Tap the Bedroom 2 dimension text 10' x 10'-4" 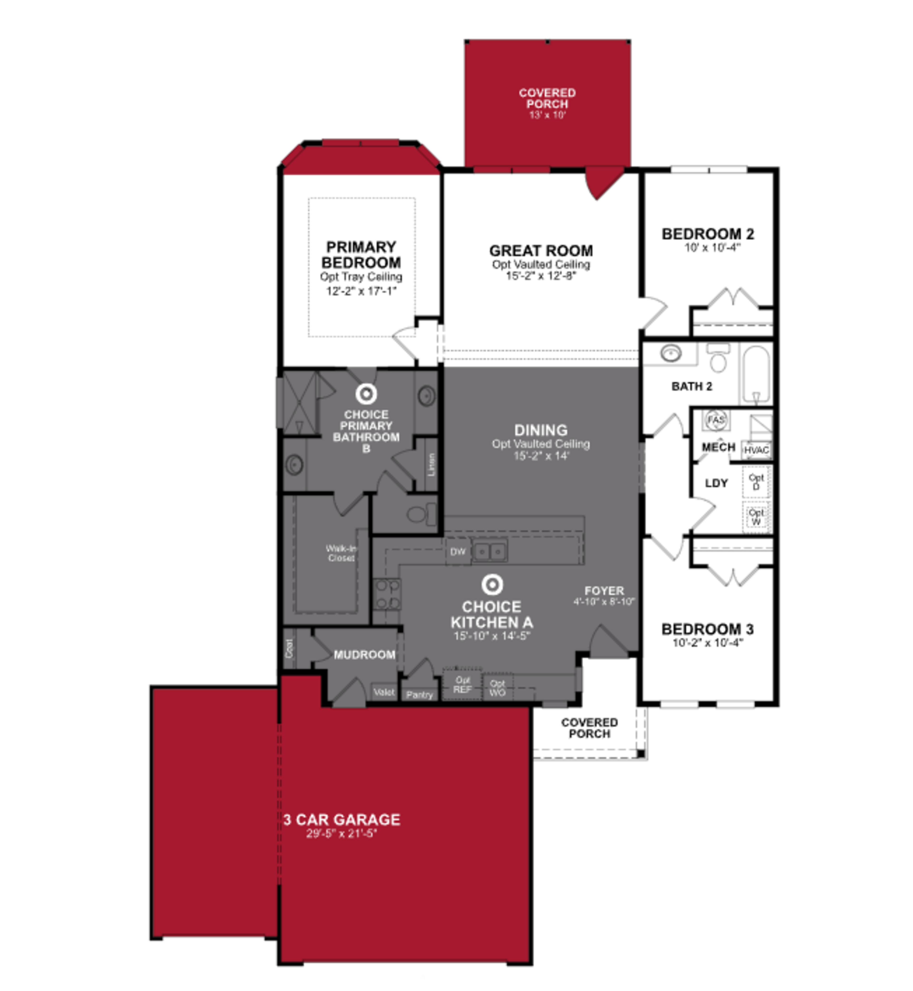tap(712, 247)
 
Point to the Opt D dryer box tap(756, 482)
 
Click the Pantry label tap(419, 695)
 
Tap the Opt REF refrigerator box tap(462, 685)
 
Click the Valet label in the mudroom tap(384, 692)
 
